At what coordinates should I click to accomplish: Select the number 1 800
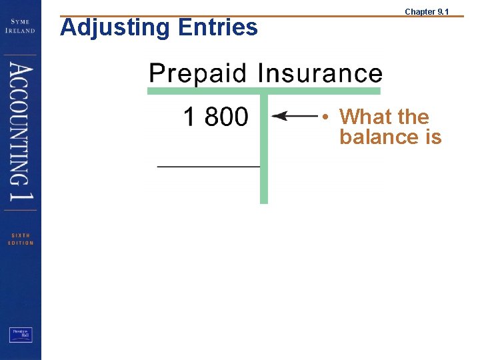point(215,117)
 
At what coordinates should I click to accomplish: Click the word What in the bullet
point(365,117)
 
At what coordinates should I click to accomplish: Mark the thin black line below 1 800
point(208,166)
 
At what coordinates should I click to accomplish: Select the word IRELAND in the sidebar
point(20,30)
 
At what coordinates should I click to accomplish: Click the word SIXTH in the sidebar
point(20,235)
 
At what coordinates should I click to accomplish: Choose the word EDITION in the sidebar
point(20,243)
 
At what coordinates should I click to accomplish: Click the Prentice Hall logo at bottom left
point(21,335)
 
